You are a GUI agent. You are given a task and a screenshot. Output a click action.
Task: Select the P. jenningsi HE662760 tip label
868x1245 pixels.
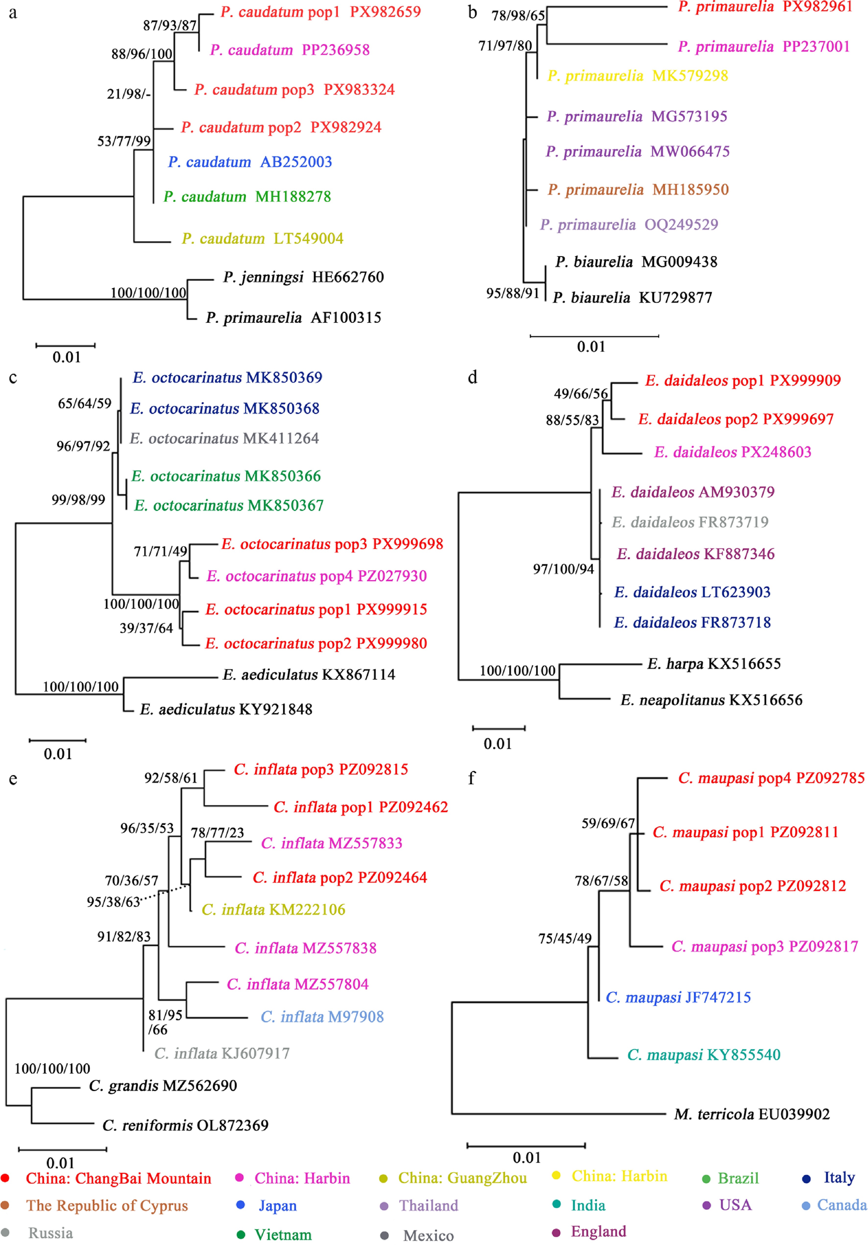(x=304, y=277)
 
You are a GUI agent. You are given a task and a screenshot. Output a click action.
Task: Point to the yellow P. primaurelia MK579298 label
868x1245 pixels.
(x=637, y=76)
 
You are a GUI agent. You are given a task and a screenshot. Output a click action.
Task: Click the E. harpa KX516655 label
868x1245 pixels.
(x=714, y=664)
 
